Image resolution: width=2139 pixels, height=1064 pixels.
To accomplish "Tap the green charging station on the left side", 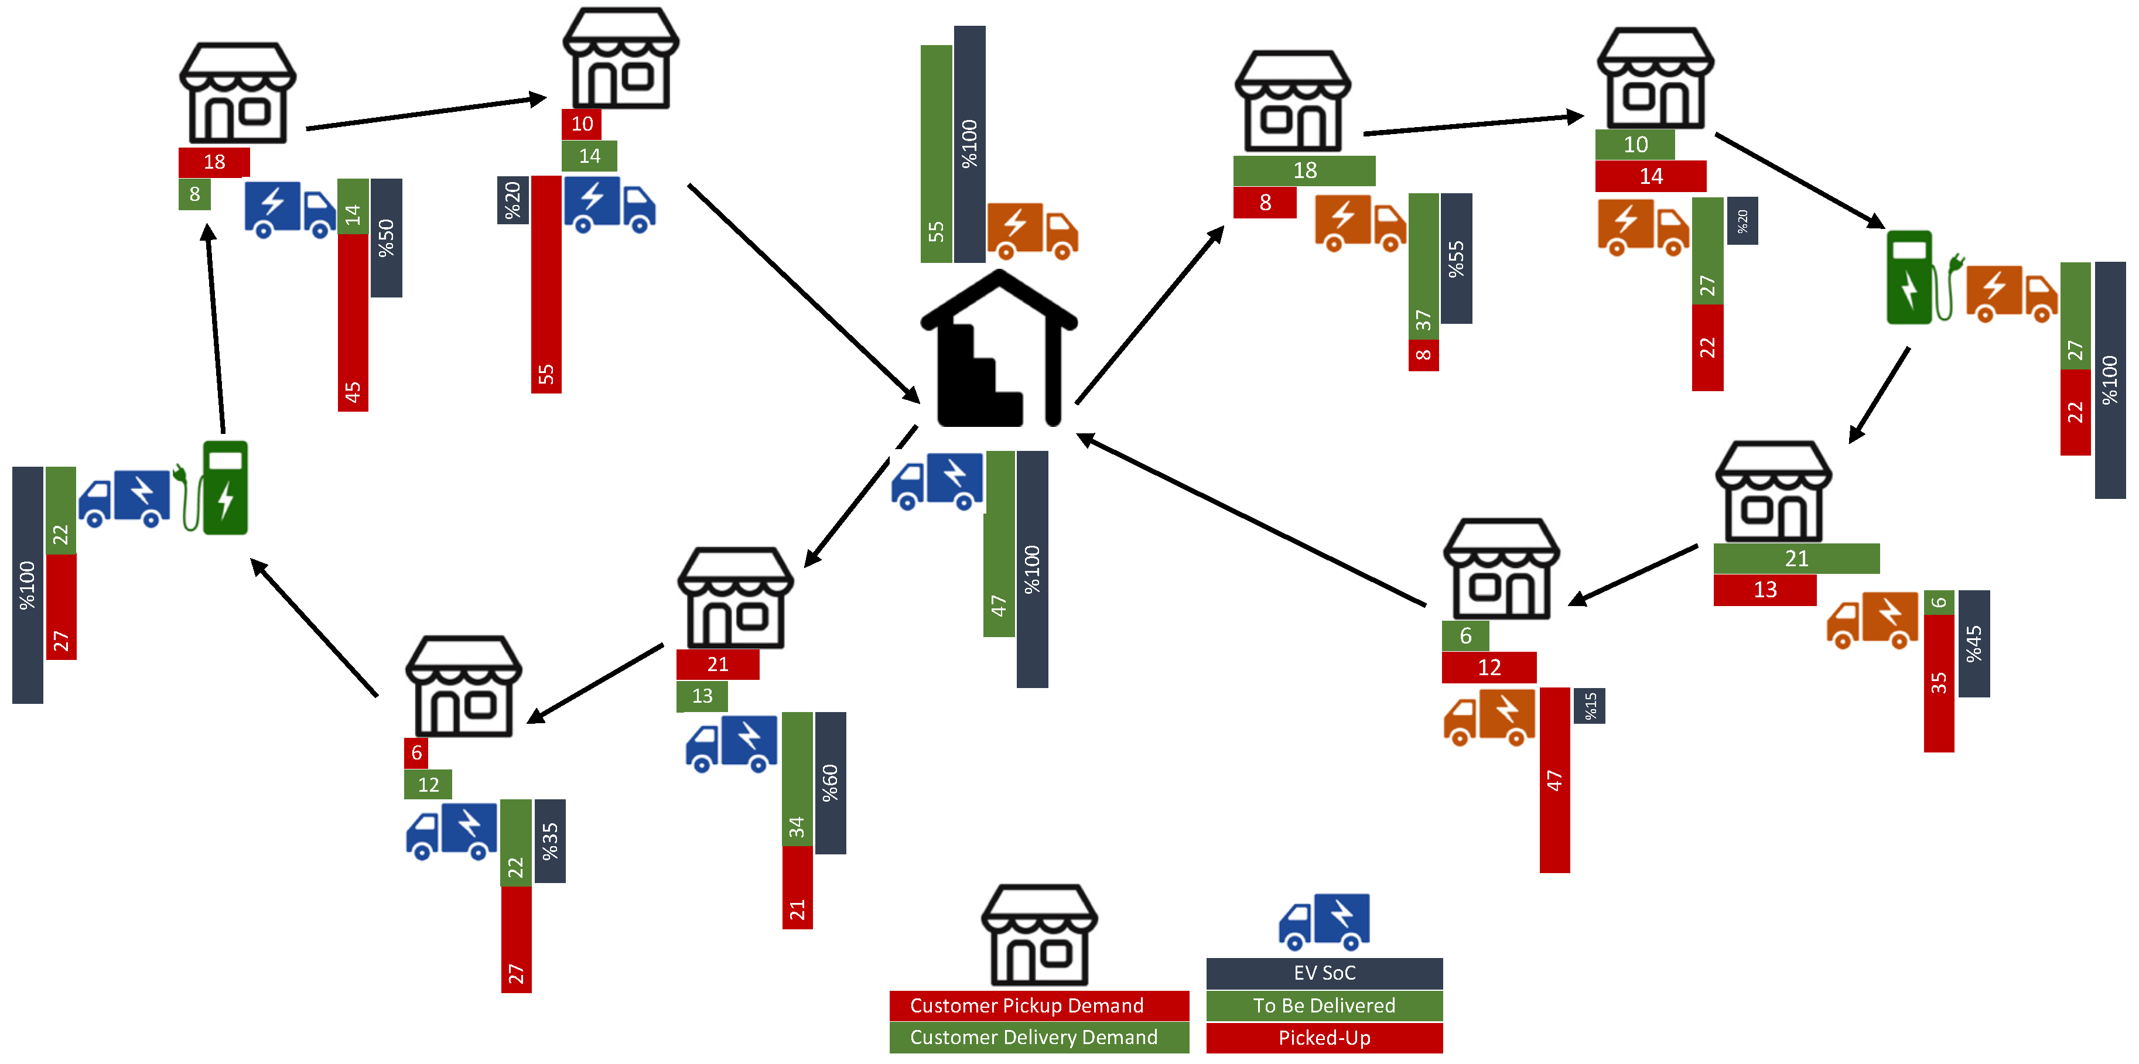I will pos(224,488).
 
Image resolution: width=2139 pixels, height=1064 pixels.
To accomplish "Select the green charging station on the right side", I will pos(1910,277).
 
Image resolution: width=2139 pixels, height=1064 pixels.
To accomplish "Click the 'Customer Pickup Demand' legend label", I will pos(1039,1006).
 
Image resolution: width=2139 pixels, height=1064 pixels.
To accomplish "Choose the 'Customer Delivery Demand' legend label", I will pos(1039,1038).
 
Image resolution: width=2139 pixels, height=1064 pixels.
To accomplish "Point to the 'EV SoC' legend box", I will pos(1324,973).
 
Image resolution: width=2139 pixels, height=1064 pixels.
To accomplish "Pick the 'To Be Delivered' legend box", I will pos(1324,1006).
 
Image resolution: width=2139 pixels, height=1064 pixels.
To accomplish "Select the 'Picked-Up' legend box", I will pos(1324,1038).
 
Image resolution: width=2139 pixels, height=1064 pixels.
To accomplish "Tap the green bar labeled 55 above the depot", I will pos(936,153).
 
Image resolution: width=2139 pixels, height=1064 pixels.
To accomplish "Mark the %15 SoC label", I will pos(1589,706).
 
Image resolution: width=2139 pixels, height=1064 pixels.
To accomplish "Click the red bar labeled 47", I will pos(1554,779).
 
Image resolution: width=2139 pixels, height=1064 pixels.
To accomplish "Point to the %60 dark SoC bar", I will pos(831,783).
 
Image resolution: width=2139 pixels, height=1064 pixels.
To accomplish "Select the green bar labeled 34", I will pos(797,778).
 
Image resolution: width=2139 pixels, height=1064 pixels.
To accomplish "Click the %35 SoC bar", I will pos(550,841).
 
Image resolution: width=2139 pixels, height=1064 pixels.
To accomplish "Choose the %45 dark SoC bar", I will pos(1974,643).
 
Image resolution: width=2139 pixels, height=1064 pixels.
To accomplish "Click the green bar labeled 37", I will pos(1423,266).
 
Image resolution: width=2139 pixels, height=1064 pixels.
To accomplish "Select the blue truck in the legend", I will pos(1324,921).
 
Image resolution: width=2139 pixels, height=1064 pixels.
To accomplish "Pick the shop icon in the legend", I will pos(1039,935).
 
